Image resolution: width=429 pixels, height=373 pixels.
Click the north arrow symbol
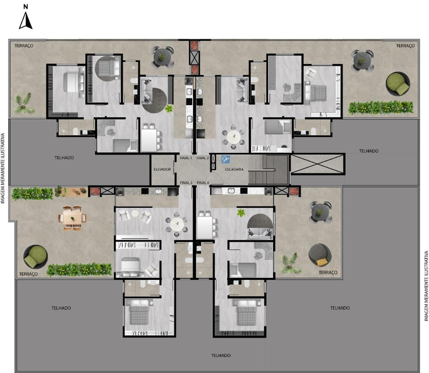click(25, 20)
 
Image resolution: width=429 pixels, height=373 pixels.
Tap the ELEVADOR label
click(162, 169)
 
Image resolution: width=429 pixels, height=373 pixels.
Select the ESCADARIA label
click(234, 169)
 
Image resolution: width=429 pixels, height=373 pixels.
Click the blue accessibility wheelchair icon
click(226, 159)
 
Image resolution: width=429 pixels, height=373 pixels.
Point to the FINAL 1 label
click(186, 158)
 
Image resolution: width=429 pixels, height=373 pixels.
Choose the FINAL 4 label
click(203, 183)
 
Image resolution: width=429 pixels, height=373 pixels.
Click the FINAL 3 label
click(186, 183)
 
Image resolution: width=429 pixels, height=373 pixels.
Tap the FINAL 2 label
click(202, 158)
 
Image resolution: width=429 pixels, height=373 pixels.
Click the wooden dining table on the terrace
click(72, 218)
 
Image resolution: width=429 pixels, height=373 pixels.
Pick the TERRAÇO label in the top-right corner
click(405, 46)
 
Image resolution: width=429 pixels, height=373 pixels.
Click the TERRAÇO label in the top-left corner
click(24, 46)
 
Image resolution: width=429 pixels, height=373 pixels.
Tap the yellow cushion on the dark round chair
click(321, 262)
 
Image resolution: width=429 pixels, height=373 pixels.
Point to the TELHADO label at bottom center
click(221, 355)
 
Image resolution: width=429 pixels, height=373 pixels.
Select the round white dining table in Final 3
click(177, 225)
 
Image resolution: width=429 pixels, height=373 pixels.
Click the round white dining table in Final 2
click(234, 138)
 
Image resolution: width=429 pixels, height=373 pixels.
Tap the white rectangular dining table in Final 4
click(204, 227)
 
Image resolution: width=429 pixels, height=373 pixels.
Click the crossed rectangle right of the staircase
click(317, 164)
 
